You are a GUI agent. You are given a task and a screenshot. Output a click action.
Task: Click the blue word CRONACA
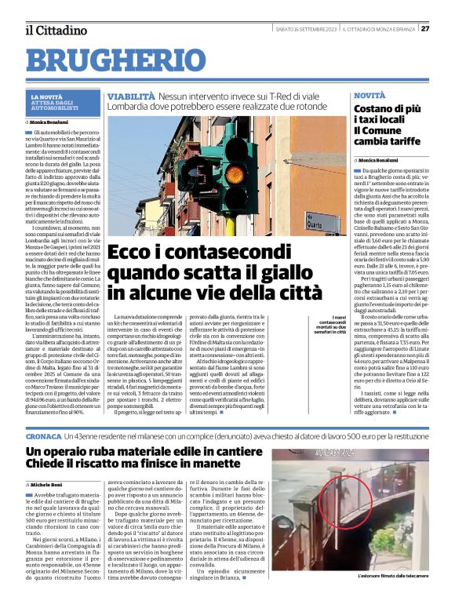click(45, 434)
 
